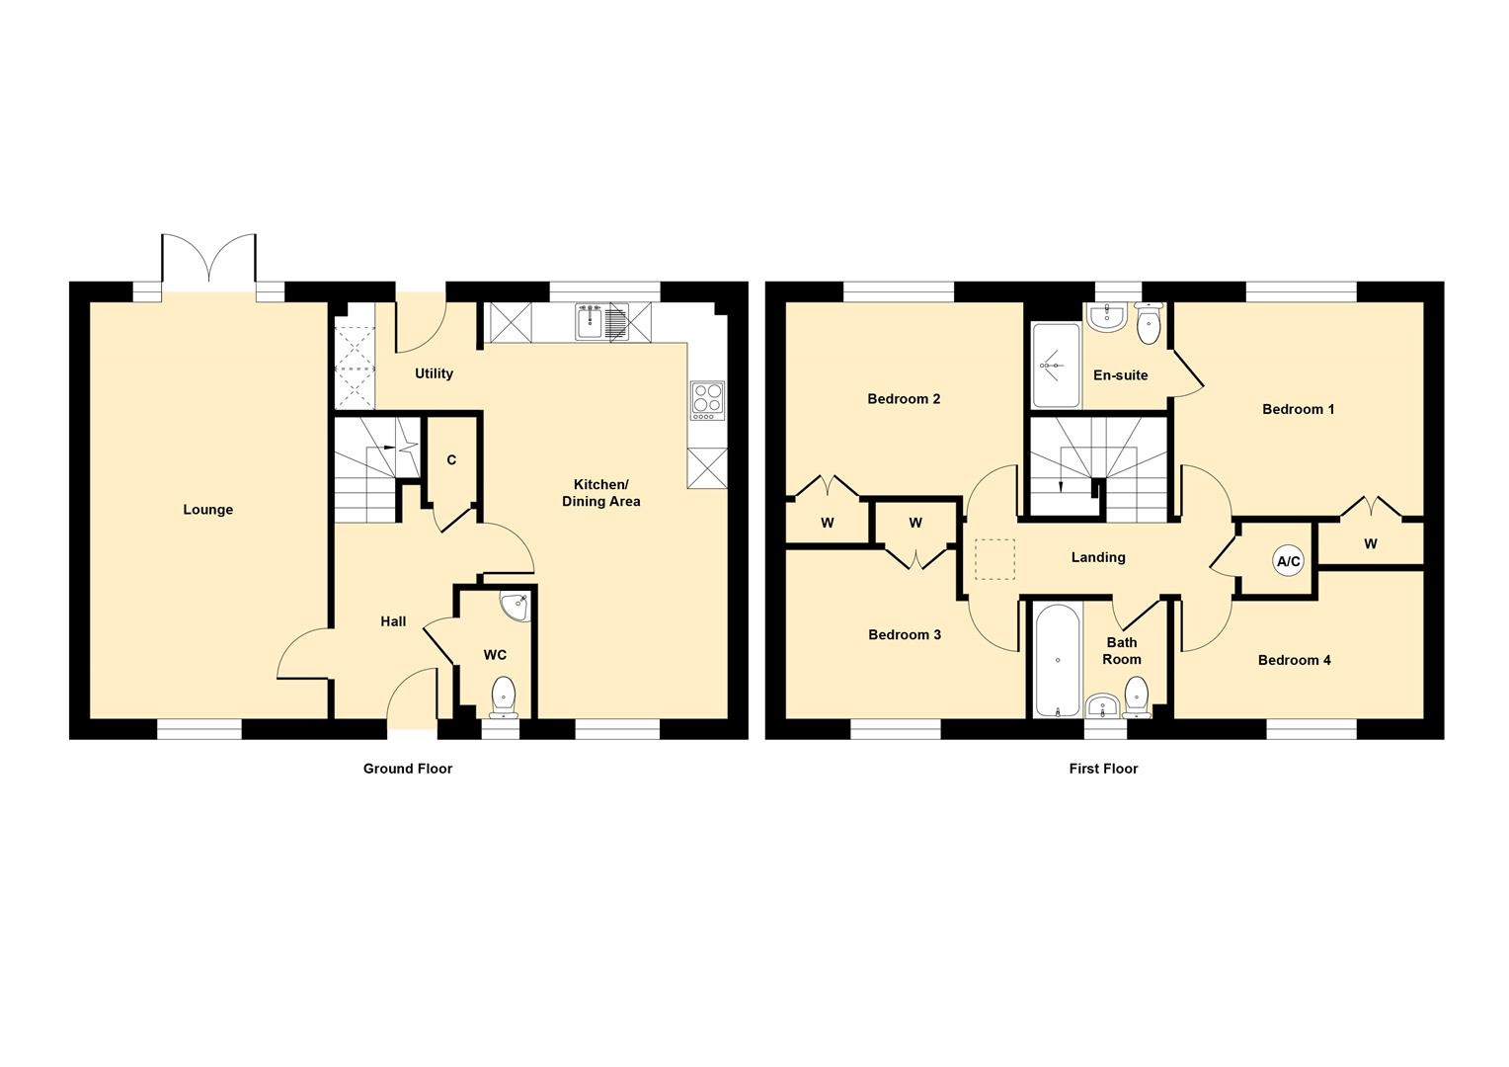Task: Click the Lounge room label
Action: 207,510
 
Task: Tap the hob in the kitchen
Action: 707,400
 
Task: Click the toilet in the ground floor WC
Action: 504,697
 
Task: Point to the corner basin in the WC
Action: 518,607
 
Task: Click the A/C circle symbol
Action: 1288,561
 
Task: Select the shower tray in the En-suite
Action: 1057,366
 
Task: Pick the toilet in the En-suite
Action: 1148,324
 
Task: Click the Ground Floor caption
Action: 408,769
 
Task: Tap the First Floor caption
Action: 1103,769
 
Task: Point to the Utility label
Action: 434,373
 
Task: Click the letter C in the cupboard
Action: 451,459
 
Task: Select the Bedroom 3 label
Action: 904,635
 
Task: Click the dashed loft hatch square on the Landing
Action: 994,559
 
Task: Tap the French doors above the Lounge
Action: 208,258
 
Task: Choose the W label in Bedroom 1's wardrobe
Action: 1370,544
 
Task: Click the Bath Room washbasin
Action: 1103,705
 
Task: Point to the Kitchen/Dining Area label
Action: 600,493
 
